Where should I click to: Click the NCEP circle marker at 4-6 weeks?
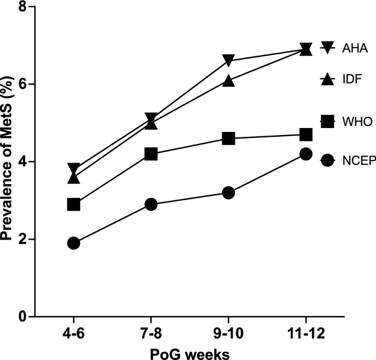click(74, 243)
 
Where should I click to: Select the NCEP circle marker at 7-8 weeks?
click(151, 204)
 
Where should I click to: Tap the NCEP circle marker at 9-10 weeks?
click(228, 193)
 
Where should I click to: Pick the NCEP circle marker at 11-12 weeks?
click(306, 154)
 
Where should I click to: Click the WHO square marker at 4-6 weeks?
click(74, 204)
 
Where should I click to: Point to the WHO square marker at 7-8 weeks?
click(151, 154)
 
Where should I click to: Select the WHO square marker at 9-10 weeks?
click(228, 139)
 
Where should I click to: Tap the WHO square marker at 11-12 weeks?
click(306, 135)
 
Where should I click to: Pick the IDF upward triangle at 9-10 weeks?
click(228, 81)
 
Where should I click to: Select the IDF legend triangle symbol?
click(327, 80)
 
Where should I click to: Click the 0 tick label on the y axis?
click(23, 317)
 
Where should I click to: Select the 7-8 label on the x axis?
click(151, 334)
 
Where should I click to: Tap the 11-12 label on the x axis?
click(306, 334)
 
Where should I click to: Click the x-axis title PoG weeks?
click(189, 352)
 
